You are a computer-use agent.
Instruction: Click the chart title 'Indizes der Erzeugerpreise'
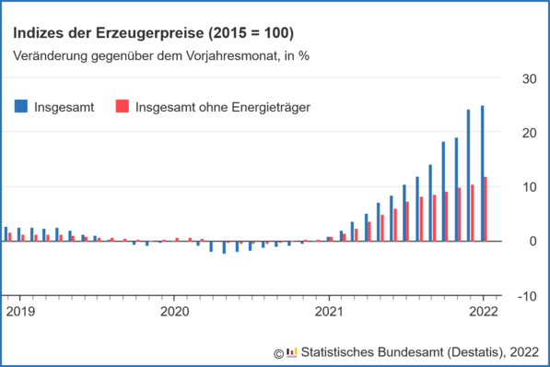[x=153, y=33]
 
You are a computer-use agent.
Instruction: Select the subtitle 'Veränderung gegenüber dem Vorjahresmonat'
[x=161, y=54]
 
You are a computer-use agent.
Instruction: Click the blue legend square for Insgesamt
[x=21, y=106]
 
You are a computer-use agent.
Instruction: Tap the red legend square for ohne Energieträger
[x=121, y=106]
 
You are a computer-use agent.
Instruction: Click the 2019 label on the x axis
[x=20, y=312]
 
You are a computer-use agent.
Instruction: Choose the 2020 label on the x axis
[x=174, y=312]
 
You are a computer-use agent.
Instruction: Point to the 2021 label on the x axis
[x=329, y=312]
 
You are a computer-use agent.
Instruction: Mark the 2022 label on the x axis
[x=483, y=312]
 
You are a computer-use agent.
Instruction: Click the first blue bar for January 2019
[x=6, y=234]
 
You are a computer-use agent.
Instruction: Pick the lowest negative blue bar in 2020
[x=224, y=247]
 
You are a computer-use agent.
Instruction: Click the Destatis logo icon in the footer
[x=292, y=351]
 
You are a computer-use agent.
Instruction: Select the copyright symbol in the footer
[x=278, y=352]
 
